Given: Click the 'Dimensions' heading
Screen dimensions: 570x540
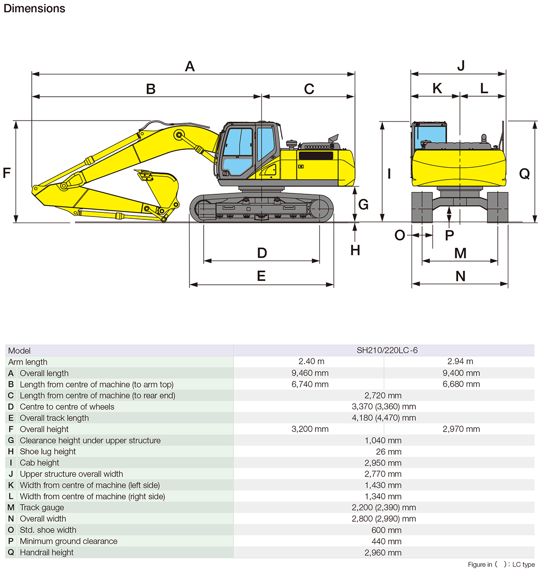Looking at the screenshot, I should (x=34, y=9).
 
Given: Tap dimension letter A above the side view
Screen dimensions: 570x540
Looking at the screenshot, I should (x=190, y=66).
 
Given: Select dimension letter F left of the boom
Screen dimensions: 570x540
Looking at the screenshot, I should (x=7, y=173).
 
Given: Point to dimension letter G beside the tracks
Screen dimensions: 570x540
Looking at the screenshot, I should (x=363, y=204).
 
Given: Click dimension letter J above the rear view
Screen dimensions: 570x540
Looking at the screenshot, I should (x=461, y=65).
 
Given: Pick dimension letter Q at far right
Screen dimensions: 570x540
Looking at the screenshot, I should (x=524, y=174).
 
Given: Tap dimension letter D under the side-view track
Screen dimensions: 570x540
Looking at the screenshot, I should (x=262, y=253).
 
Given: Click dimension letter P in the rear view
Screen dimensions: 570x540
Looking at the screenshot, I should (x=450, y=235).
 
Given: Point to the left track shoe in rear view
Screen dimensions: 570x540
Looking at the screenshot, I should (x=422, y=207).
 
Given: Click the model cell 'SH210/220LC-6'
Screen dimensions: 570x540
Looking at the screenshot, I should (x=387, y=351).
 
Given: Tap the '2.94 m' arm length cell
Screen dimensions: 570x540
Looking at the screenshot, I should (x=460, y=362).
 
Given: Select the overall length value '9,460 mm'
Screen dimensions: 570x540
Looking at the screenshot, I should (x=310, y=373).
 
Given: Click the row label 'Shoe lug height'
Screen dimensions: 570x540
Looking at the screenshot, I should (x=47, y=452).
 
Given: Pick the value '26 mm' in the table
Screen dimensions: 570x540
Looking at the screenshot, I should (x=388, y=452).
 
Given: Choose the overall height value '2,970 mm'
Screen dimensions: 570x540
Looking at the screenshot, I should (x=461, y=429).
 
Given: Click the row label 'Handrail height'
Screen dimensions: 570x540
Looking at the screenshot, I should (x=46, y=552).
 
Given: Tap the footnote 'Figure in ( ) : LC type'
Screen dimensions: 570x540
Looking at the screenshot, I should (x=501, y=564).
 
